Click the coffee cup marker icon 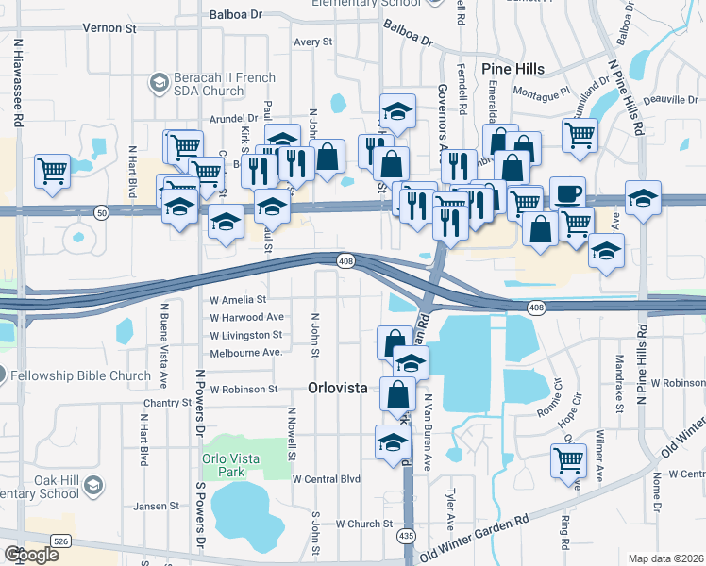(567, 193)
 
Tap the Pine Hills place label (513, 69)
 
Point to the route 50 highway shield (102, 215)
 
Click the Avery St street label (313, 42)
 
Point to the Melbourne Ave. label (245, 352)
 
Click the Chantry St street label (168, 403)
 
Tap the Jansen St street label (156, 506)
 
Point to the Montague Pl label (543, 92)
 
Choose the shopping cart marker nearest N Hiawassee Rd (52, 172)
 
